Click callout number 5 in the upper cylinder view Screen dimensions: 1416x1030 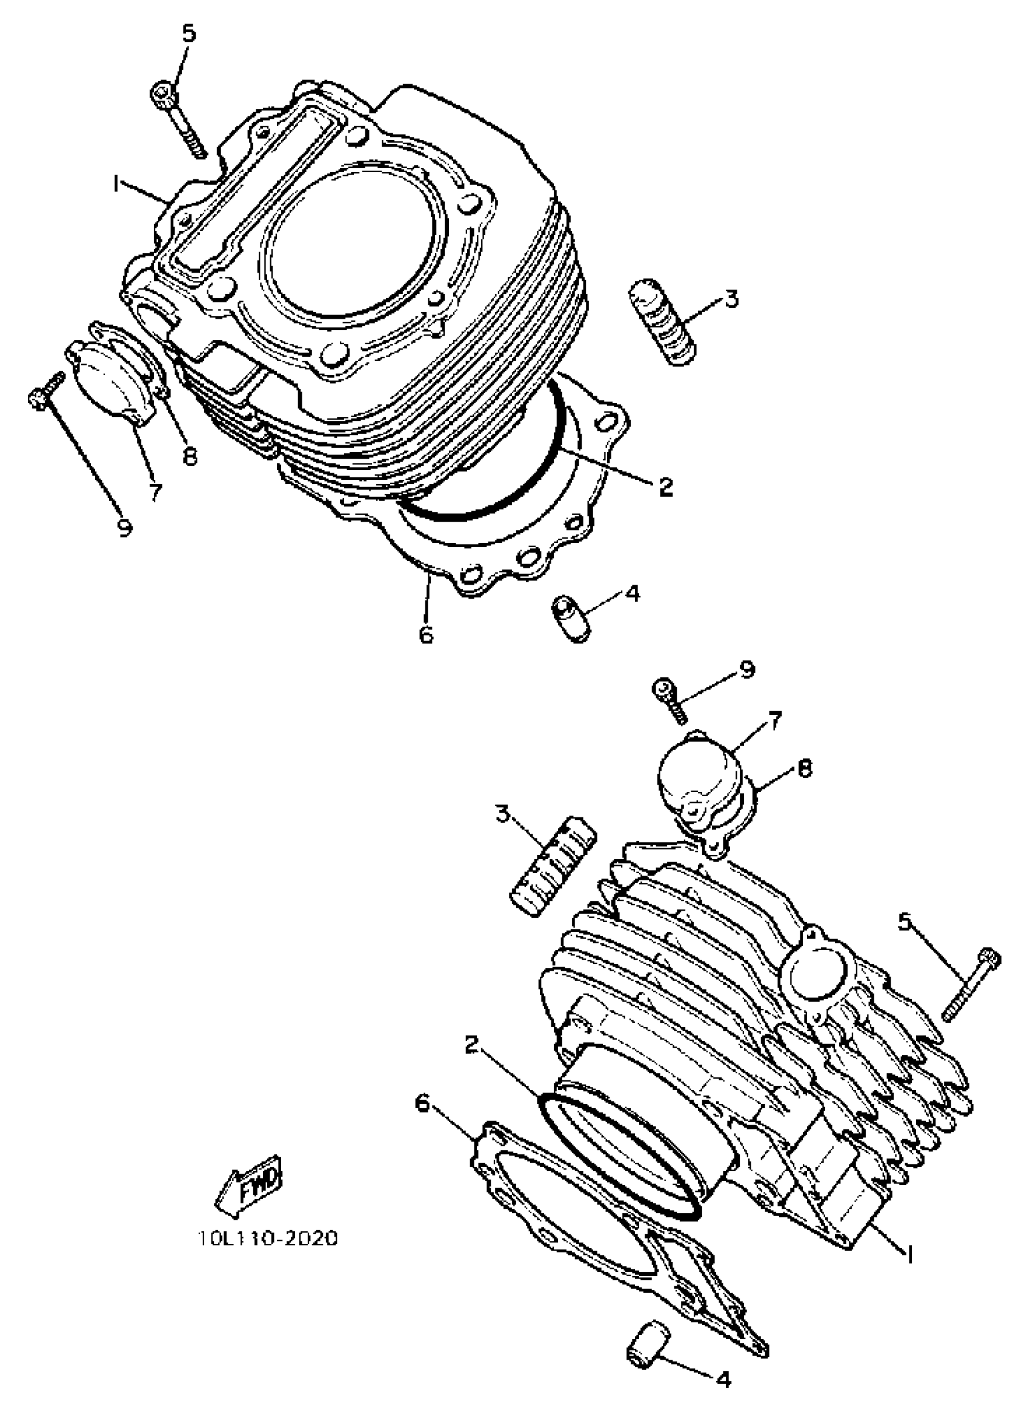pyautogui.click(x=188, y=34)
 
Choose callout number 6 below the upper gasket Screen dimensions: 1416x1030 pyautogui.click(x=426, y=634)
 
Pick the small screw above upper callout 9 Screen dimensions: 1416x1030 pyautogui.click(x=46, y=390)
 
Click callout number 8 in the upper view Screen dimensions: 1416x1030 pyautogui.click(x=189, y=456)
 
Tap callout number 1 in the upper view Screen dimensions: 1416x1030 pyautogui.click(x=116, y=184)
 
